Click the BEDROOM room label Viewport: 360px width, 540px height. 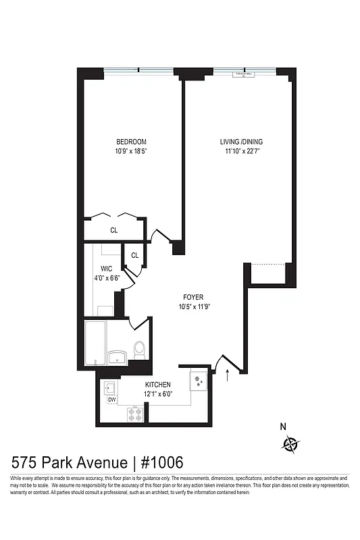click(x=131, y=142)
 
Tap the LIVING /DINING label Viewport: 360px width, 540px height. click(x=241, y=142)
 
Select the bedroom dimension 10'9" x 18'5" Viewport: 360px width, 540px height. click(x=131, y=151)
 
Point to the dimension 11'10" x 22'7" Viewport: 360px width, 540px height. click(x=241, y=151)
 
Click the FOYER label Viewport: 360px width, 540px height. click(x=193, y=297)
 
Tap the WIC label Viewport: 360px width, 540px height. click(x=106, y=268)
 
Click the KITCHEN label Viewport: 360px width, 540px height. click(x=157, y=384)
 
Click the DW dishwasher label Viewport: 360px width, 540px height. click(x=111, y=399)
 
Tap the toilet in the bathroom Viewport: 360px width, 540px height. click(x=140, y=349)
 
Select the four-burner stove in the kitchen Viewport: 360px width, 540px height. click(x=134, y=416)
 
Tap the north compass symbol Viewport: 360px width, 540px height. click(x=291, y=443)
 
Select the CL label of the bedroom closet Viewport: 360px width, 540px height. click(x=114, y=230)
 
